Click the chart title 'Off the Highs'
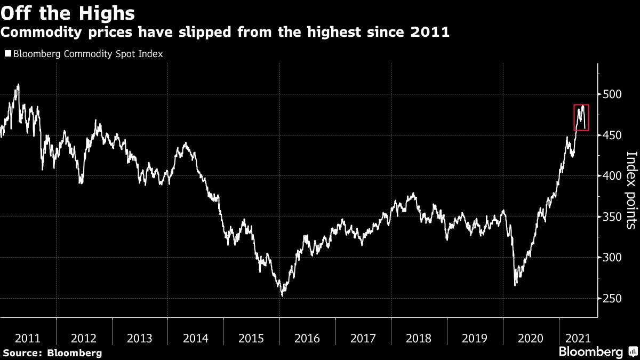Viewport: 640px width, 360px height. [67, 12]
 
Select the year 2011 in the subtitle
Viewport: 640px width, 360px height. [430, 33]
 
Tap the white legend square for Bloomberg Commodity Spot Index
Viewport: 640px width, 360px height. [7, 54]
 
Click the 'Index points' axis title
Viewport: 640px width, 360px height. [631, 190]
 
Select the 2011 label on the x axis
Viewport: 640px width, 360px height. [28, 338]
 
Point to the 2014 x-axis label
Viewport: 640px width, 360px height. [195, 338]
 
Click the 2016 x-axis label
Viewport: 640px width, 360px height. [307, 338]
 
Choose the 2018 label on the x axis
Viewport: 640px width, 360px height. [419, 338]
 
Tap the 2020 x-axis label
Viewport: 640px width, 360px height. [531, 338]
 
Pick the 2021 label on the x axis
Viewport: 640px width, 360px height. [578, 338]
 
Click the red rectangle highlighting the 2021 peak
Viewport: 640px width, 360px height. [581, 117]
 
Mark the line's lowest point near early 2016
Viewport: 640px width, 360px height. [282, 295]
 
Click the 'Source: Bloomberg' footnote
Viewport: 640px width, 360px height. [51, 353]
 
